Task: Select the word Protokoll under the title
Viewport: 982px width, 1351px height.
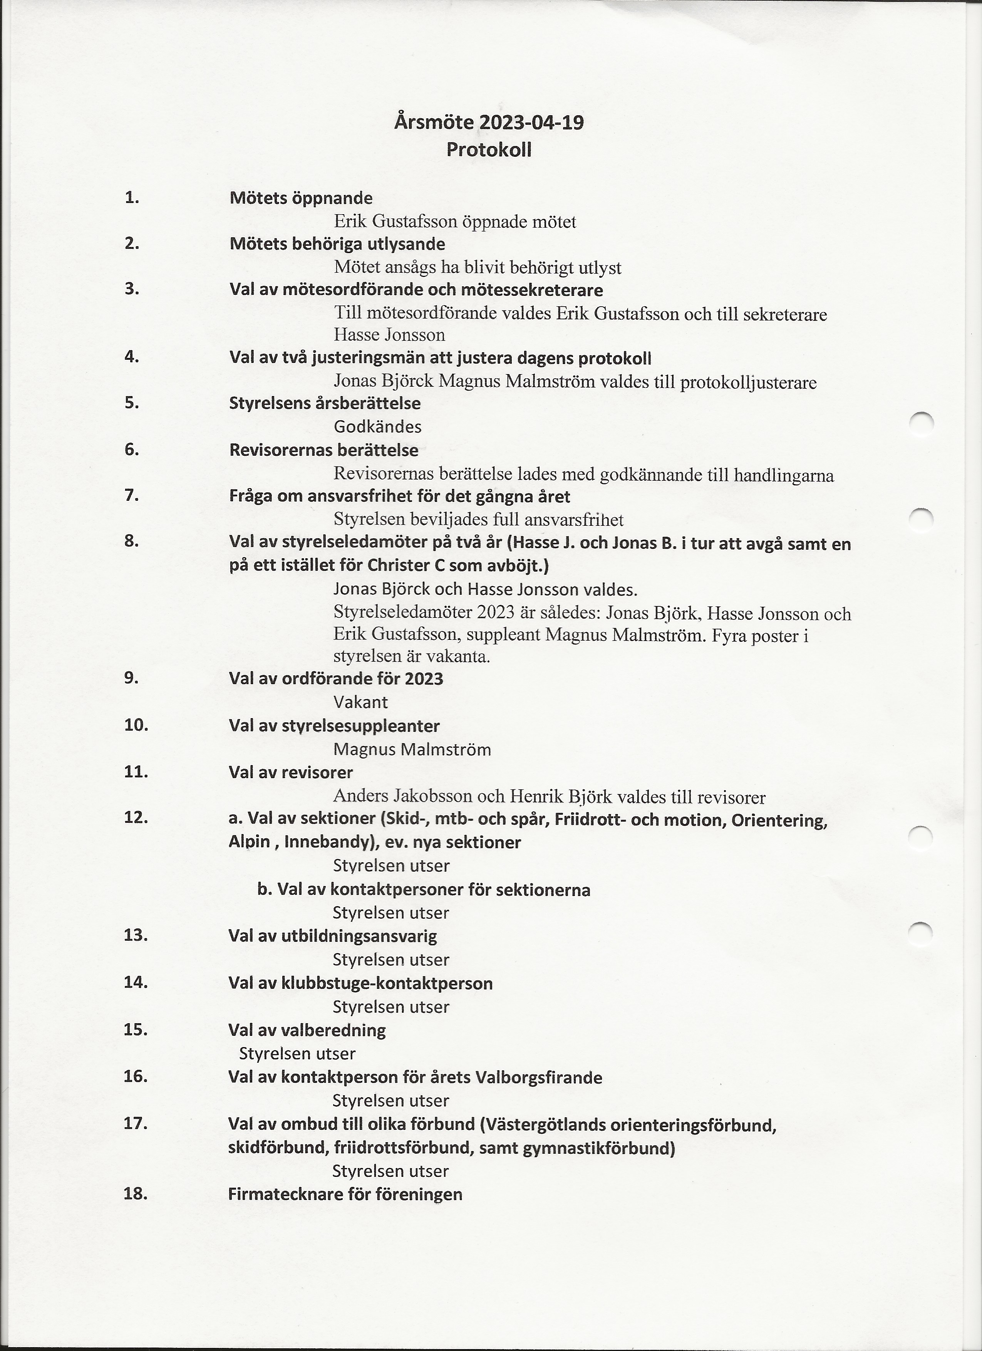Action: [x=489, y=149]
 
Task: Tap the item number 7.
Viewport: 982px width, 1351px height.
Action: [x=132, y=495]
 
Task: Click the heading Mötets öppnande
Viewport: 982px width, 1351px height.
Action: [x=301, y=198]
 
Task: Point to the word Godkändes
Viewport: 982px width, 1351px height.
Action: [x=377, y=427]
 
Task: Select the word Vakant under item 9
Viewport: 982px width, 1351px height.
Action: [x=360, y=702]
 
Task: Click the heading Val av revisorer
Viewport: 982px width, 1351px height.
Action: [x=291, y=773]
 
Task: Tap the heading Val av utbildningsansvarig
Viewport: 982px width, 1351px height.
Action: [x=332, y=936]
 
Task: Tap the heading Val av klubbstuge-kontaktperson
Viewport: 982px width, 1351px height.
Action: [x=360, y=983]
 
